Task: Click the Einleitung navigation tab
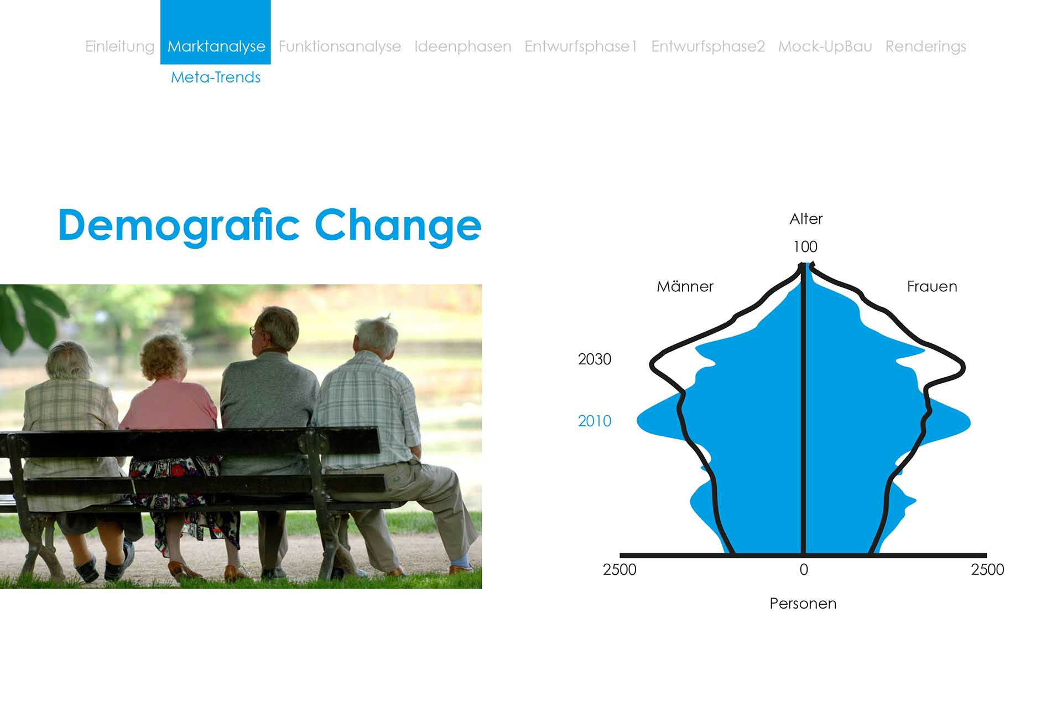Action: click(119, 47)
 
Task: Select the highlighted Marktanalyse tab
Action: click(216, 32)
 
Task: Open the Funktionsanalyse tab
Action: click(340, 47)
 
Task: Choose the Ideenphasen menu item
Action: click(462, 47)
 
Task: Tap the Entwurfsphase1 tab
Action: click(581, 47)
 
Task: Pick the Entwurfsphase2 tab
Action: click(708, 47)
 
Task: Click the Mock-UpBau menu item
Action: click(825, 47)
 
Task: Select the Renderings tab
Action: click(925, 47)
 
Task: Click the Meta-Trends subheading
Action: click(216, 77)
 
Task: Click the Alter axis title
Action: click(806, 219)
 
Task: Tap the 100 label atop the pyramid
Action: click(805, 246)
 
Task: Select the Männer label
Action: click(685, 286)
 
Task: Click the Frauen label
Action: click(932, 286)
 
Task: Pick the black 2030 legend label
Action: click(595, 359)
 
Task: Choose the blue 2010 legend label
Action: click(595, 421)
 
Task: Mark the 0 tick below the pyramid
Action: click(804, 570)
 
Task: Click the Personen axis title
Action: click(803, 604)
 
